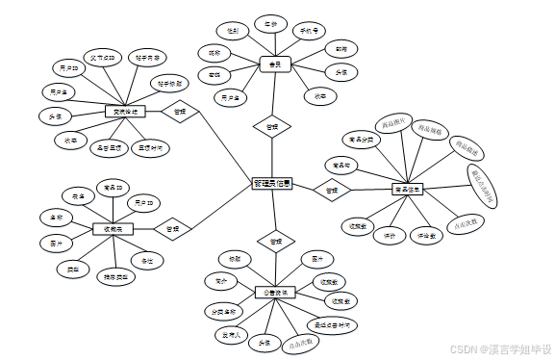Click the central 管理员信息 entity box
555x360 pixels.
[272, 183]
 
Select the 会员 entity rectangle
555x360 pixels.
[275, 64]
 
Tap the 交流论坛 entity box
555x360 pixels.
[123, 112]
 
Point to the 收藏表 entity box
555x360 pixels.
[113, 228]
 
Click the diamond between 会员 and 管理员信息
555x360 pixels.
[271, 126]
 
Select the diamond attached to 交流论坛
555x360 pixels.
[179, 112]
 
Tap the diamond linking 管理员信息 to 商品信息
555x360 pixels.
[331, 192]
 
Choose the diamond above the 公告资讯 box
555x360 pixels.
[275, 241]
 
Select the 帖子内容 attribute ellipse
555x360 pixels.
[148, 58]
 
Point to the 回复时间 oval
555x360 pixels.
[150, 148]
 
